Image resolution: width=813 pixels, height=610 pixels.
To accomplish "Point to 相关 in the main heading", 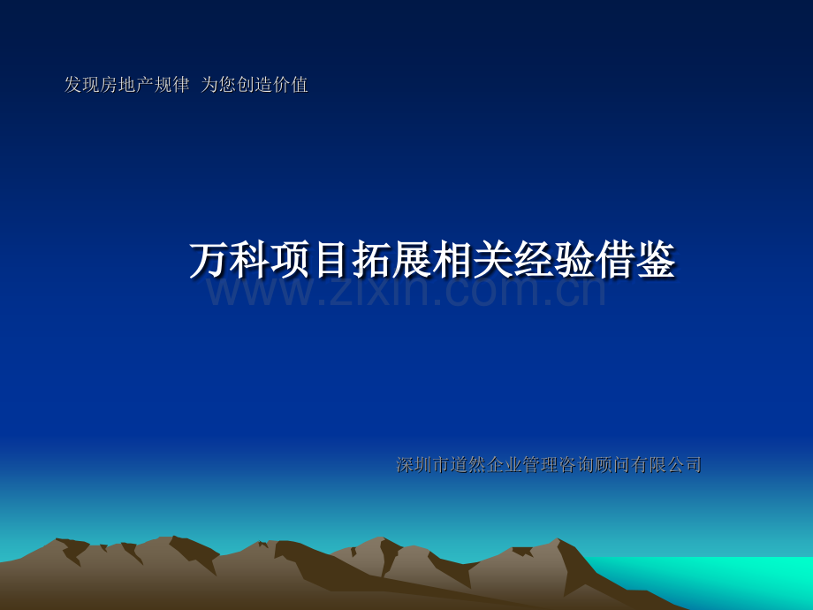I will (474, 261).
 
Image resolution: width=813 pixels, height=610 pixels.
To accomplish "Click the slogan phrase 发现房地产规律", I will (126, 85).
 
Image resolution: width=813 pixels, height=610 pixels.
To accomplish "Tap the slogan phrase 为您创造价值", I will (255, 85).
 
